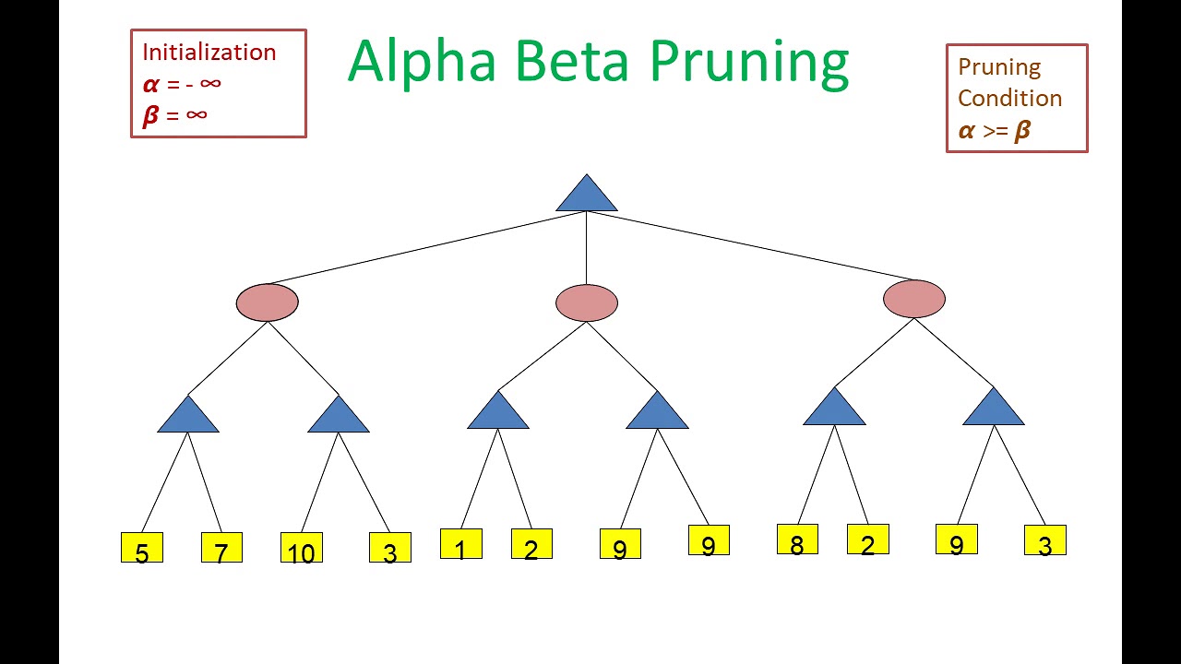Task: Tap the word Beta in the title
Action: pyautogui.click(x=571, y=61)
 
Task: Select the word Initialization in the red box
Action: pyautogui.click(x=209, y=53)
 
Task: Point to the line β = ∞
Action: pyautogui.click(x=175, y=114)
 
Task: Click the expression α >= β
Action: pyautogui.click(x=995, y=131)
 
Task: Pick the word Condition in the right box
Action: pyautogui.click(x=1009, y=98)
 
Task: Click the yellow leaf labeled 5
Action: pyautogui.click(x=142, y=548)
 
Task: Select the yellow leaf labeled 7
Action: pyautogui.click(x=221, y=548)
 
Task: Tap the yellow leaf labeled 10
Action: pyautogui.click(x=302, y=548)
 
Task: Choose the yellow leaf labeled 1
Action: pyautogui.click(x=460, y=544)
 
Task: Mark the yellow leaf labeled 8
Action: pyautogui.click(x=797, y=539)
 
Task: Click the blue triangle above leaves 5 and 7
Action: pyautogui.click(x=188, y=417)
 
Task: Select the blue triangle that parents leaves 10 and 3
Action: pyautogui.click(x=339, y=417)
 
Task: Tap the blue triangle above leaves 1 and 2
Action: pyautogui.click(x=498, y=413)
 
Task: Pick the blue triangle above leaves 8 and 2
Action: pyautogui.click(x=834, y=409)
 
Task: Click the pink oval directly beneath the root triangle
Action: pyautogui.click(x=587, y=303)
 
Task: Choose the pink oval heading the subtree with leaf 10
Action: pyautogui.click(x=268, y=302)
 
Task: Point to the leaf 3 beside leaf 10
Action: pyautogui.click(x=390, y=548)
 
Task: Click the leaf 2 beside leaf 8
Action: pyautogui.click(x=867, y=539)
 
